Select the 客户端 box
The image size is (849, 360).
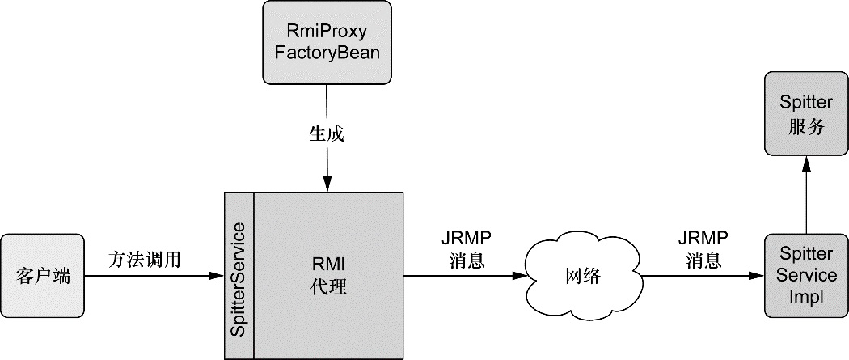pos(42,276)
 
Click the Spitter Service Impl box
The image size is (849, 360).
pos(805,276)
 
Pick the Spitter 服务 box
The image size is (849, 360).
pos(805,113)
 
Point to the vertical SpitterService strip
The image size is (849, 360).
pos(239,275)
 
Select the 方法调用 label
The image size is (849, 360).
pos(145,260)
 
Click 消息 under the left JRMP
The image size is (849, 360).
pos(467,260)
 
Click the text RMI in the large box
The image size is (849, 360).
pos(328,264)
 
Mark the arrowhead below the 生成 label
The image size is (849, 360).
pos(327,185)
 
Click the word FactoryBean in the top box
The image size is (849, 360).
pos(327,53)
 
